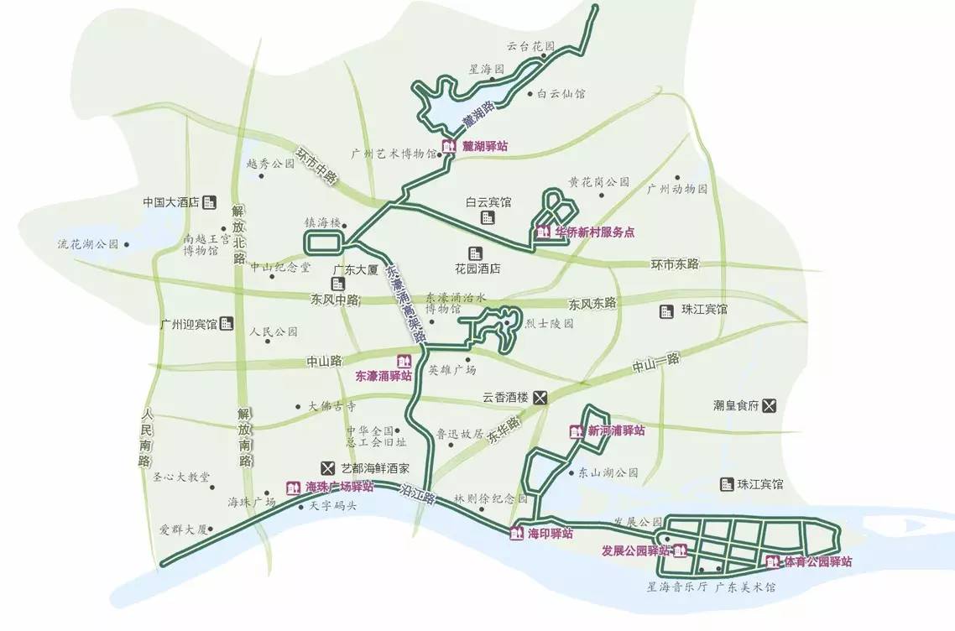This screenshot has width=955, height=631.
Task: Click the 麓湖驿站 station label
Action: (x=484, y=146)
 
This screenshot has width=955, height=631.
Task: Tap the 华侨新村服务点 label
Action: (x=594, y=232)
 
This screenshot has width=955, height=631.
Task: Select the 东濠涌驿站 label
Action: (x=384, y=376)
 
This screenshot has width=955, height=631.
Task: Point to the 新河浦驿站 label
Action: (x=616, y=430)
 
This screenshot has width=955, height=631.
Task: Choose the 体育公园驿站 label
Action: (x=817, y=562)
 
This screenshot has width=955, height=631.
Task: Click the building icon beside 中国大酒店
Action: (x=210, y=201)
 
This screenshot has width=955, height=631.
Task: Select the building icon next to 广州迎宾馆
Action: (x=227, y=324)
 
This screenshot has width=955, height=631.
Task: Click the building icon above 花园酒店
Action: (x=476, y=253)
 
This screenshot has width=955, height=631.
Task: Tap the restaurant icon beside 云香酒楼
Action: (x=541, y=398)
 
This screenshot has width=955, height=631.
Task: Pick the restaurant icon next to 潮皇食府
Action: (x=771, y=405)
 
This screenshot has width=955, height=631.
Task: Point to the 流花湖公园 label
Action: (x=87, y=245)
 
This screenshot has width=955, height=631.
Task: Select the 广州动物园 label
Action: (x=671, y=189)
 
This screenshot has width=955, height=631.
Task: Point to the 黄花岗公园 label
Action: (x=598, y=181)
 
